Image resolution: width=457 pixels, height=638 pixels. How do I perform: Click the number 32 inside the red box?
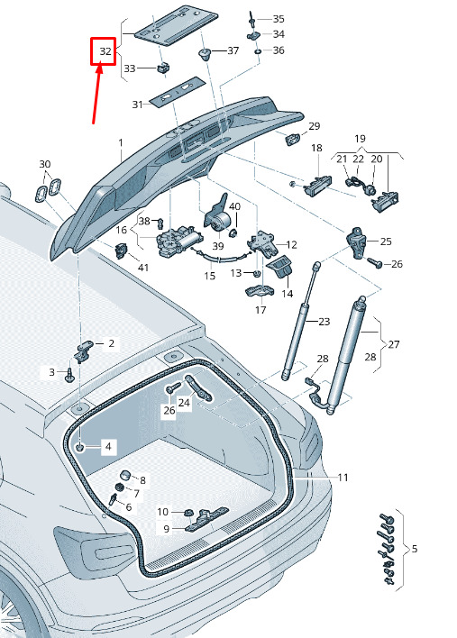[x=105, y=51]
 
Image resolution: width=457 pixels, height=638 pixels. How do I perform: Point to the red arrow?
[x=97, y=93]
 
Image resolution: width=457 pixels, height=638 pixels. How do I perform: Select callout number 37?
[x=233, y=50]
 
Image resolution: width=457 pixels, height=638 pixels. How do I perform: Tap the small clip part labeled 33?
[x=163, y=68]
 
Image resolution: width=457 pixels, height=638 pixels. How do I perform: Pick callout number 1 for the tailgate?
[x=121, y=142]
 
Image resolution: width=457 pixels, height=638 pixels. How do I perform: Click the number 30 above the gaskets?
[x=45, y=164]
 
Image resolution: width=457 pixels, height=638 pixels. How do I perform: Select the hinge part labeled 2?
[x=84, y=349]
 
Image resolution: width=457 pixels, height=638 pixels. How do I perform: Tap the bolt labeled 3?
[x=69, y=374]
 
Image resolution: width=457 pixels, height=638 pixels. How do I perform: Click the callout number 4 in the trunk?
[x=108, y=446]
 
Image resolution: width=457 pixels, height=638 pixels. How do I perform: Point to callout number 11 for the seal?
[x=343, y=477]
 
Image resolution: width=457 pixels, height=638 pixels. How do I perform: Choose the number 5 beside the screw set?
[x=415, y=549]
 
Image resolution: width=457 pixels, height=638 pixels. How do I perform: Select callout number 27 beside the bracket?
[x=394, y=344]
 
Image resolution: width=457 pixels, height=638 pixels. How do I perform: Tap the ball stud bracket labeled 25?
[x=356, y=242]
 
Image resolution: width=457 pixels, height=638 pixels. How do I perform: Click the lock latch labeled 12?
[x=260, y=243]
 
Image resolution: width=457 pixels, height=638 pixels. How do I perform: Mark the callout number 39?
[x=218, y=246]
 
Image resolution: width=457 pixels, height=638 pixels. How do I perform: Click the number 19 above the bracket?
[x=360, y=139]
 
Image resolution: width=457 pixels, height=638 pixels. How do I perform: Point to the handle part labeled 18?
[x=317, y=186]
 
